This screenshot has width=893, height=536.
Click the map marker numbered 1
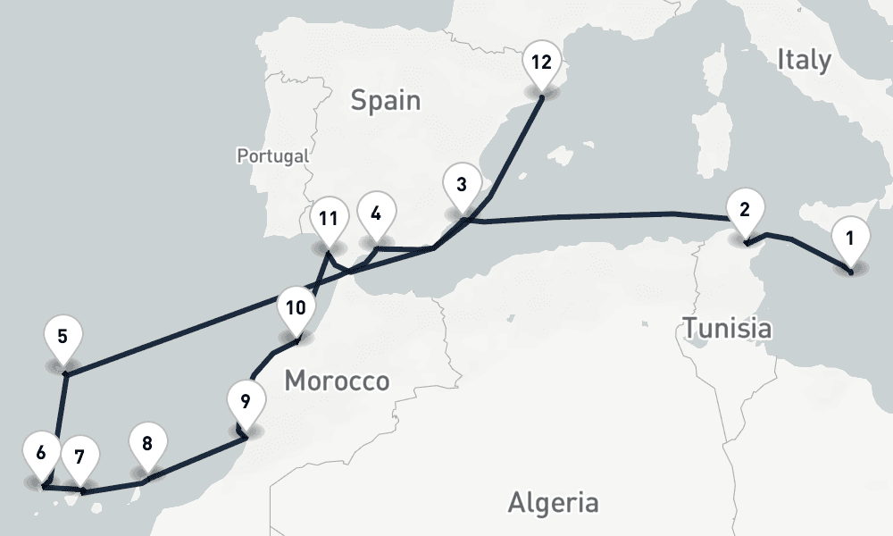point(849,239)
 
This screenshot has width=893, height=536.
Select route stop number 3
point(461,187)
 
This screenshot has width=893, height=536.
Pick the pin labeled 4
point(375,214)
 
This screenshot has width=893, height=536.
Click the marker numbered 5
point(63,338)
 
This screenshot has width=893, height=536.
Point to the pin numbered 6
point(41,452)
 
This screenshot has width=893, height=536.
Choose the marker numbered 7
point(79,458)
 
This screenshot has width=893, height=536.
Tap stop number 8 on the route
point(147,444)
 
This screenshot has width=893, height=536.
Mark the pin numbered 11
point(329,218)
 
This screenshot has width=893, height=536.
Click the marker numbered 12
point(541,63)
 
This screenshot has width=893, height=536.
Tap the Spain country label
point(385,100)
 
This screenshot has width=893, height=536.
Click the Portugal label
point(272,155)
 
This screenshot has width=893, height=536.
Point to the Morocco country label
point(337,381)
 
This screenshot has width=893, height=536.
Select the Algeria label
point(553,502)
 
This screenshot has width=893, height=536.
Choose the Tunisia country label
point(728,328)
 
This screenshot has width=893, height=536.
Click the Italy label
point(804,60)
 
